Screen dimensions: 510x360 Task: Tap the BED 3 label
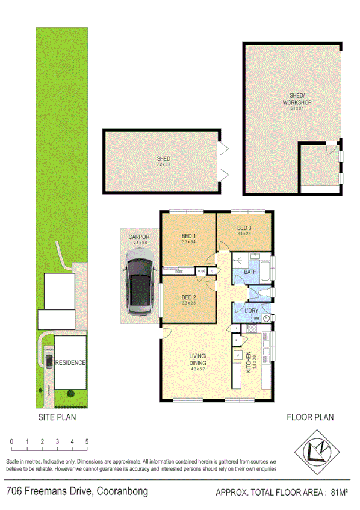(244, 228)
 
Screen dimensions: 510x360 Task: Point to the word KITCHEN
(247, 364)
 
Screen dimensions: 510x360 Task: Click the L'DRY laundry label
(251, 309)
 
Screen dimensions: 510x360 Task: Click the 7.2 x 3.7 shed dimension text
(164, 164)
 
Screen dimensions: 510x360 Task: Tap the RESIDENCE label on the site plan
(70, 363)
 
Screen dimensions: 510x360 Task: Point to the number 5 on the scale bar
(87, 442)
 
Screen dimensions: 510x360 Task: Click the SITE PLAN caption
(58, 416)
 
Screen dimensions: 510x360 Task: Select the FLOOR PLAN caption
(309, 417)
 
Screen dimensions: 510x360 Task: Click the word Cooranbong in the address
(121, 491)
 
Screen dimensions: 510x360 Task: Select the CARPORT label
(140, 237)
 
